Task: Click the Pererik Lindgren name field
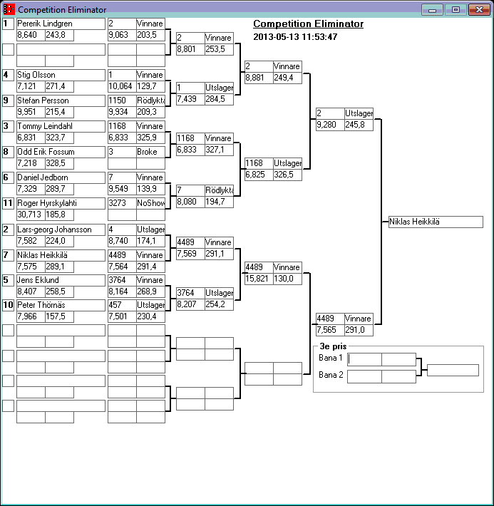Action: pos(61,24)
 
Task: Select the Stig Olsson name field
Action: pos(61,75)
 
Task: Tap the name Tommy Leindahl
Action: pos(61,126)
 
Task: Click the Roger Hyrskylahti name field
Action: pos(61,203)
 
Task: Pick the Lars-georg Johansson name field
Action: pos(61,229)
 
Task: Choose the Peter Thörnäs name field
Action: pos(61,306)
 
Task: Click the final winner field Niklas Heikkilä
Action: pos(436,222)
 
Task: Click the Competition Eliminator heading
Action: pos(308,24)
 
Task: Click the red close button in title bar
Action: pos(475,9)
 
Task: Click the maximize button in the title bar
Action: pos(455,9)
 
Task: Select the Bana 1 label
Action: pos(331,358)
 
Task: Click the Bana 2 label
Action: pos(331,375)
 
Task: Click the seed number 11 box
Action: pos(8,203)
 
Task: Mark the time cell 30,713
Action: pos(30,215)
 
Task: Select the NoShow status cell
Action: pos(150,203)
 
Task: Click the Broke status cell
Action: pos(150,152)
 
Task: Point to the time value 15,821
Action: pos(257,279)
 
